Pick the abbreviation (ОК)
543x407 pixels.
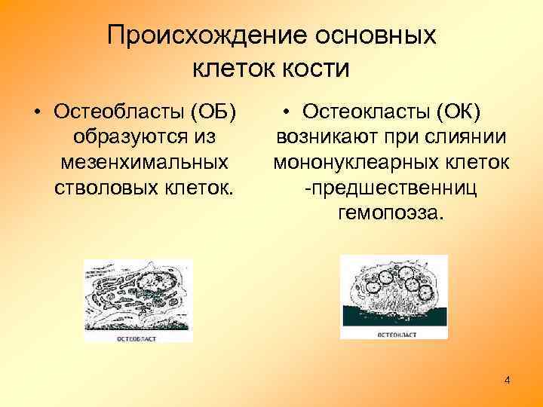[x=458, y=112]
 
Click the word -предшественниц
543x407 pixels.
[x=391, y=187]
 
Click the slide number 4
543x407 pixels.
[x=507, y=381]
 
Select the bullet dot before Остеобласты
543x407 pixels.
[x=36, y=113]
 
